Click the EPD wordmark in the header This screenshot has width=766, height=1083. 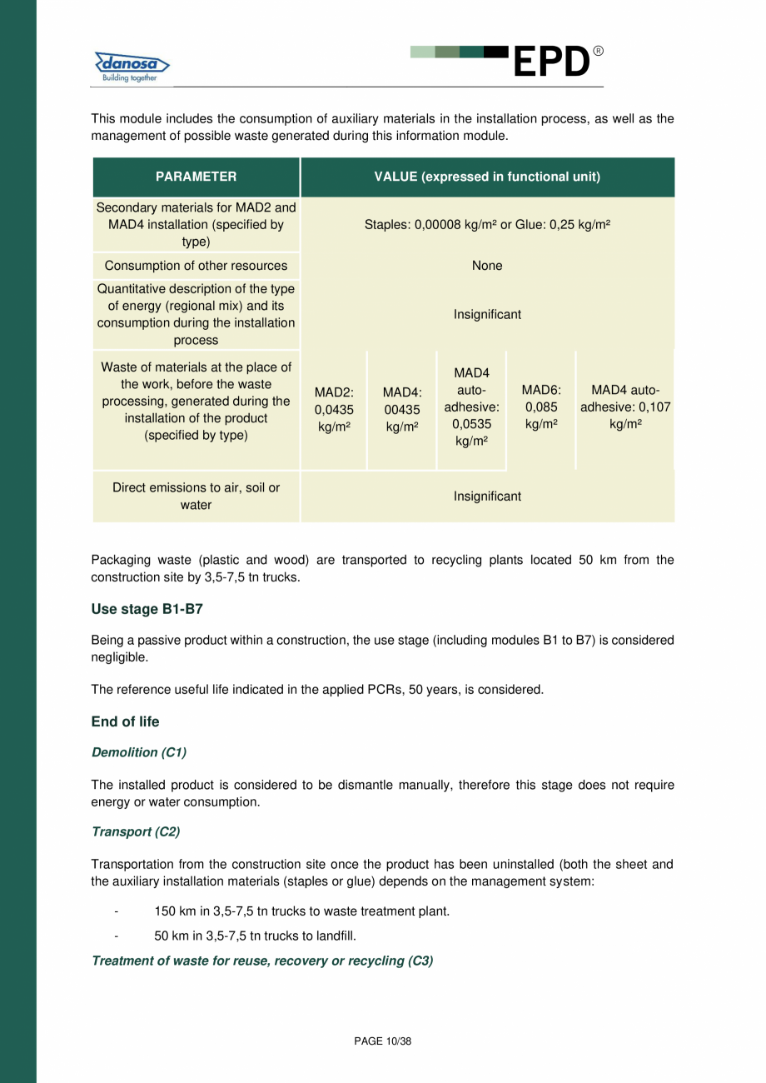(x=551, y=62)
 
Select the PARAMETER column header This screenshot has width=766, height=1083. (x=196, y=177)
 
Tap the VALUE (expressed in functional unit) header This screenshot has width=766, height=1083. (x=487, y=177)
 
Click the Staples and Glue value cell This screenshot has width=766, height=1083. (x=487, y=225)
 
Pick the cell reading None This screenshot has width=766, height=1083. (x=487, y=266)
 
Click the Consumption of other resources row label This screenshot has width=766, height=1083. (x=196, y=266)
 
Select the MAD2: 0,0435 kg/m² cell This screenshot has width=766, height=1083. (x=334, y=409)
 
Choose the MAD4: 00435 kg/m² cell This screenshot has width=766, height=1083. (x=402, y=409)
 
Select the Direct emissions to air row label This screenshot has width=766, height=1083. (x=196, y=497)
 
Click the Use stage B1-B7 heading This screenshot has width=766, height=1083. (x=147, y=610)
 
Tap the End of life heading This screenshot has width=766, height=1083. (x=125, y=722)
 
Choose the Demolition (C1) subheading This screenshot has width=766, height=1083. (x=138, y=753)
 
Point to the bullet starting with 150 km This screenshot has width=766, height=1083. (x=301, y=911)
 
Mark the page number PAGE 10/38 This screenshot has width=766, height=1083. (x=383, y=1041)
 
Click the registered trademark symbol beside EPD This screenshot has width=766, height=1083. (x=598, y=52)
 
